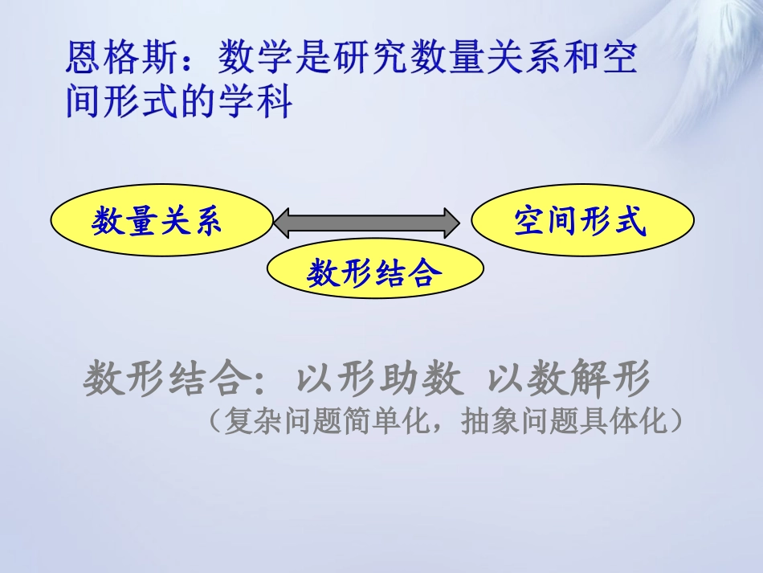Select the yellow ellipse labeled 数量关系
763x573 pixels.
pos(161,222)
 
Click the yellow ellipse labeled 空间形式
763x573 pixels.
pos(582,222)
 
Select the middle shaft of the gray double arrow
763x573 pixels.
pos(366,222)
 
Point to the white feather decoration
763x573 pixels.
pos(707,72)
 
